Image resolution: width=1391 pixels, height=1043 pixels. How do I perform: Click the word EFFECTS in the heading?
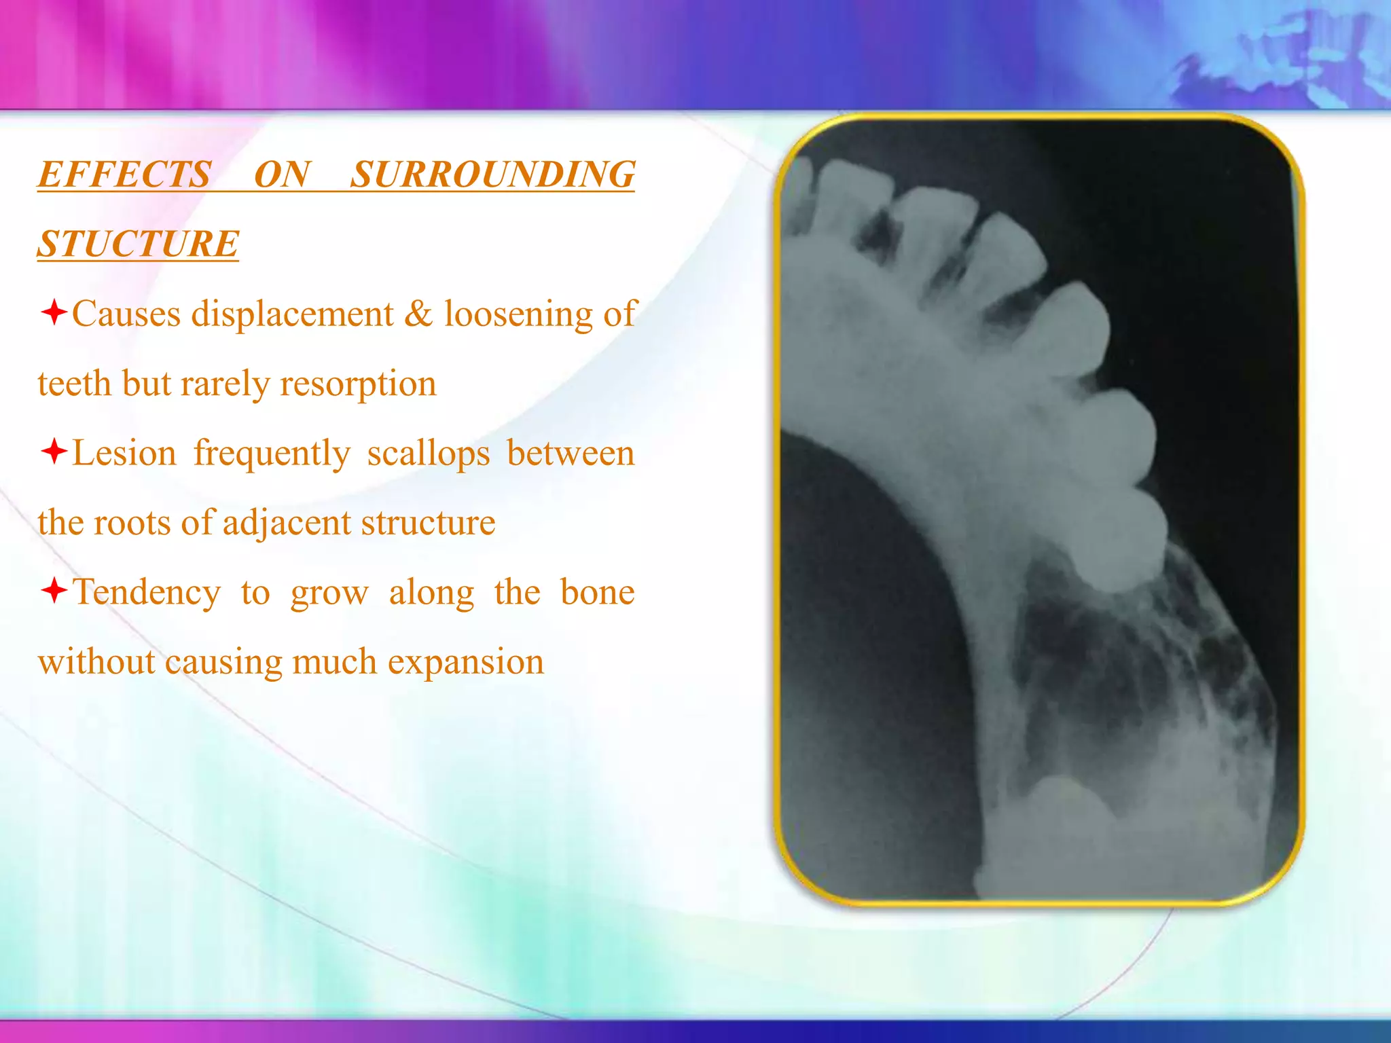coord(124,175)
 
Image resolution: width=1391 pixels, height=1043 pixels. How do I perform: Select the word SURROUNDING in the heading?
coord(492,175)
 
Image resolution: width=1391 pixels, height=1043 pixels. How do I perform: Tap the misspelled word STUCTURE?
coord(138,244)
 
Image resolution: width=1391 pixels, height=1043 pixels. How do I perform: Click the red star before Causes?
coord(54,313)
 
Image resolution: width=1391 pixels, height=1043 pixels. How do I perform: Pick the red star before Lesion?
coord(54,452)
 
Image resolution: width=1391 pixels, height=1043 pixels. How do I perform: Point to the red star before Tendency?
coord(54,590)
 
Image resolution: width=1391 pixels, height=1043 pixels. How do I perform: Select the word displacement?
coord(292,314)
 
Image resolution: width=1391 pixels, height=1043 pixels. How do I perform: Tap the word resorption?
coord(358,384)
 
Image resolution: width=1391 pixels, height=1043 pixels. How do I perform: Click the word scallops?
coord(428,454)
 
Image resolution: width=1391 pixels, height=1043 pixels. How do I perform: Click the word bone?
coord(597,592)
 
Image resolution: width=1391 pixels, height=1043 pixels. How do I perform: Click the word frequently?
coord(272,454)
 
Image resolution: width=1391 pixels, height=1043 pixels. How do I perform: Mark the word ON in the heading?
coord(281,175)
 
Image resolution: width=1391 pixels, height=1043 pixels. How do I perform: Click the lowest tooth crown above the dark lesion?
coord(1117,543)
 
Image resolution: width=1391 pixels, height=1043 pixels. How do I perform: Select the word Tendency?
coord(147,592)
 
